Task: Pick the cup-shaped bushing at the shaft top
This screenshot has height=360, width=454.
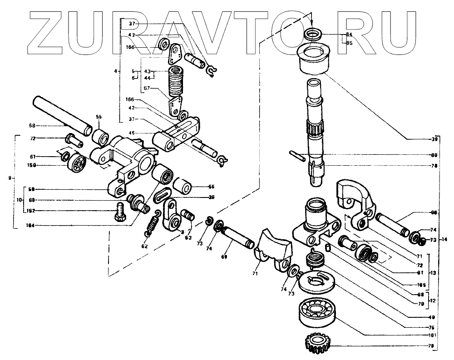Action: click(313, 57)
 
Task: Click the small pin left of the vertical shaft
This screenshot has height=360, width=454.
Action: click(296, 155)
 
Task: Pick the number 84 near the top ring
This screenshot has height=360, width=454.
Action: click(349, 35)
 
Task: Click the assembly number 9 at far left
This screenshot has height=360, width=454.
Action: click(10, 177)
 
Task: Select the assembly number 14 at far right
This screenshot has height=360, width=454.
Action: click(444, 239)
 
